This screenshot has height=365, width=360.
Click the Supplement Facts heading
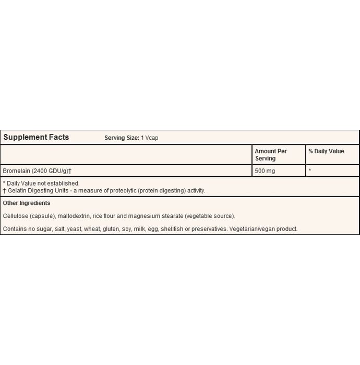pos(36,138)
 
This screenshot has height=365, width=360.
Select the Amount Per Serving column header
pos(271,154)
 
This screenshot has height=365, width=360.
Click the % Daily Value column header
pos(326,151)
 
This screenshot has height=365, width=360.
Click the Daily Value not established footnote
pos(43,184)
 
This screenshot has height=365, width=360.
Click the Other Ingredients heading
pos(27,203)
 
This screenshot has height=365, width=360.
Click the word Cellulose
pos(15,216)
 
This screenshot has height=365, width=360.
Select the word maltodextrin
pos(74,216)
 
